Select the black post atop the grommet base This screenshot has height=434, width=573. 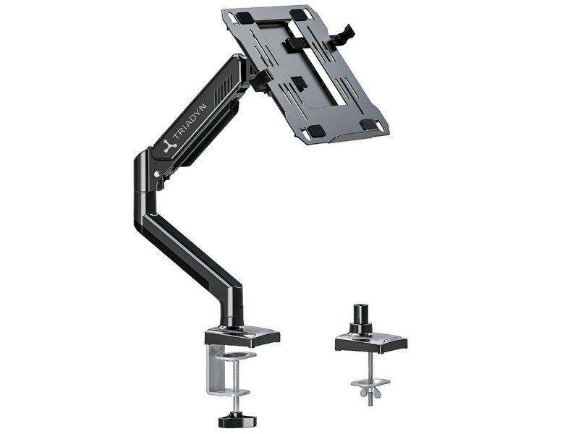360,316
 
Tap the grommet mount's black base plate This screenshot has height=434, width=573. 370,341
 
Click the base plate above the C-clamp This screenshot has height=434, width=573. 242,335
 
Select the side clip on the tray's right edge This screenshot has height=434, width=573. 345,33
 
